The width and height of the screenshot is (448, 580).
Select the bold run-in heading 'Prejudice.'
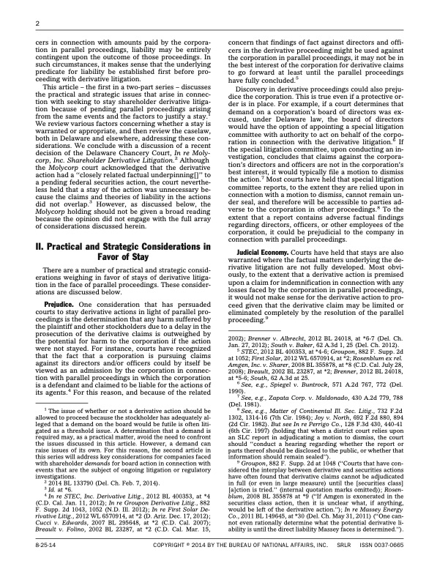[x=61, y=282]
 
